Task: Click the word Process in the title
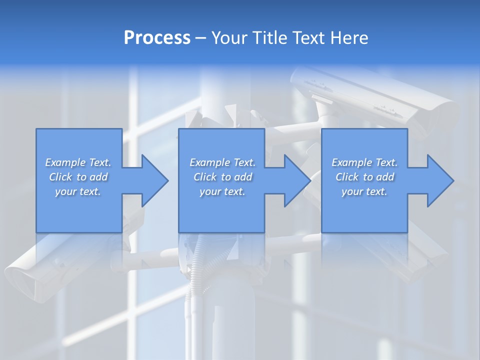click(157, 38)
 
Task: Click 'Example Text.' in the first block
click(78, 162)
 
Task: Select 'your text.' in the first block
click(78, 191)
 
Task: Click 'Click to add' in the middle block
click(222, 177)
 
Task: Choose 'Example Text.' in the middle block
click(222, 162)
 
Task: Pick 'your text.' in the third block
click(364, 191)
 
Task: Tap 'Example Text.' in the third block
click(364, 162)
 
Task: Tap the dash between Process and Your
click(201, 38)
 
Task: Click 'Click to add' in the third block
click(364, 177)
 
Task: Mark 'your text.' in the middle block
click(222, 191)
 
